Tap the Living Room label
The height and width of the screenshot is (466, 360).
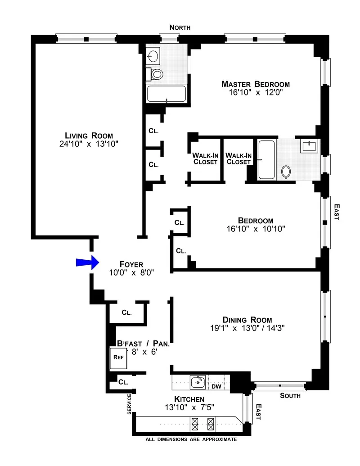click(89, 136)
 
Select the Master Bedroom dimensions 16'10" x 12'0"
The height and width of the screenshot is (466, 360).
click(255, 93)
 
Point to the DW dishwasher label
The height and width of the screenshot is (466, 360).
click(216, 386)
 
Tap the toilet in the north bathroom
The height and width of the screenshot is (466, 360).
click(157, 74)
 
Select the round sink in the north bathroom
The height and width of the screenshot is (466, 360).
click(153, 56)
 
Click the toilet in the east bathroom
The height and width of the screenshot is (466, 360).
click(286, 172)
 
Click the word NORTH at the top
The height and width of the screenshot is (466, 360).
click(180, 28)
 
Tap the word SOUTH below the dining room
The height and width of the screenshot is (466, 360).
click(290, 396)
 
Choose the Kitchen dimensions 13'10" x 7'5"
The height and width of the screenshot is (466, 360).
click(189, 407)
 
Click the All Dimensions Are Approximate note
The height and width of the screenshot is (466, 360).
click(190, 439)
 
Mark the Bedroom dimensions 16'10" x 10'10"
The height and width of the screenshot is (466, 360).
click(256, 229)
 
